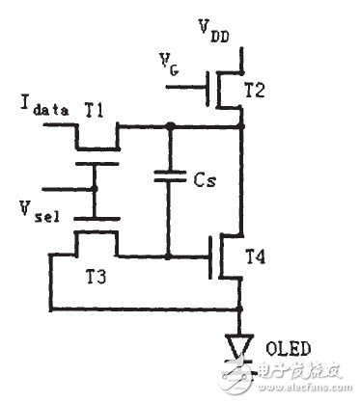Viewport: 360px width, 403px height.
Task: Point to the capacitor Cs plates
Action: click(x=170, y=177)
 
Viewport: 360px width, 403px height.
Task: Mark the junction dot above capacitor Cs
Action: click(x=170, y=125)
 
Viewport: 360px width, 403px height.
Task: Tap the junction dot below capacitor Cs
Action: click(x=170, y=256)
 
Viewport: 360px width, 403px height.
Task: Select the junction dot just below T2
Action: click(x=238, y=125)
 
